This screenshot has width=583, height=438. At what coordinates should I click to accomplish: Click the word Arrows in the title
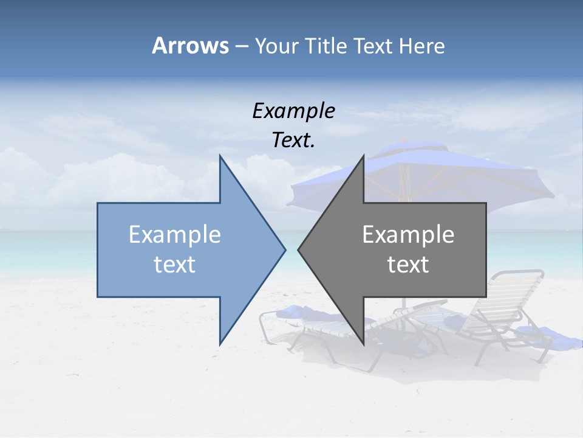[x=189, y=46]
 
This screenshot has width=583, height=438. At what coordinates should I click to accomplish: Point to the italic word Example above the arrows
[x=293, y=111]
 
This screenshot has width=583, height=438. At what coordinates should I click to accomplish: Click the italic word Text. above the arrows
[x=293, y=140]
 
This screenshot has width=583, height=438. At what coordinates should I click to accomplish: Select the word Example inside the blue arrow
[x=175, y=235]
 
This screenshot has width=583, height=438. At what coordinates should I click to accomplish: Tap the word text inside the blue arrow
[x=175, y=265]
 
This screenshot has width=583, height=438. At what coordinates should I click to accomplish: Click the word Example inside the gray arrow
[x=408, y=235]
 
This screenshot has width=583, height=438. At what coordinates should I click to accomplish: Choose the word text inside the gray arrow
[x=408, y=265]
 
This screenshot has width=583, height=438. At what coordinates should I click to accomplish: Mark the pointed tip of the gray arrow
[x=299, y=249]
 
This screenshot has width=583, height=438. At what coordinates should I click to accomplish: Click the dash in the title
[x=241, y=46]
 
